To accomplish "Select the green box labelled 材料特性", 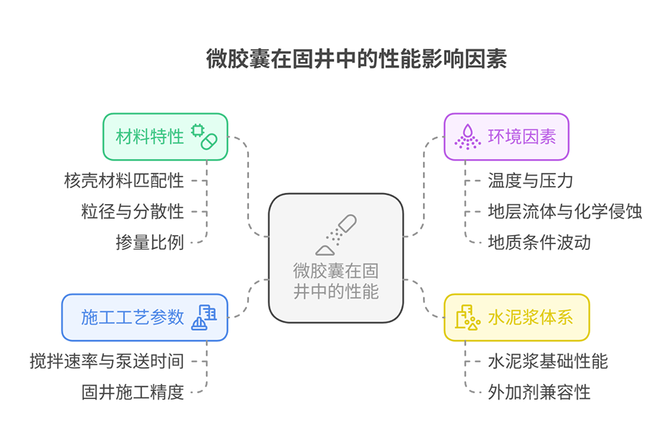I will (165, 137).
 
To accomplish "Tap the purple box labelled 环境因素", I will (506, 137).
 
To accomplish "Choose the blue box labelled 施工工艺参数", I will (144, 317).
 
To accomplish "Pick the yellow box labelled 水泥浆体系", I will (516, 317).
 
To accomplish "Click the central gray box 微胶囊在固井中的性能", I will (336, 258).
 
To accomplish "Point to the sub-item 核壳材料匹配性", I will (123, 181).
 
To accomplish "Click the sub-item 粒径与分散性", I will (132, 212).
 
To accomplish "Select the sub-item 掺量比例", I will (149, 243).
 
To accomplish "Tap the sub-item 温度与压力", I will (531, 181).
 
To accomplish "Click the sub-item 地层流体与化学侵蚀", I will (564, 212).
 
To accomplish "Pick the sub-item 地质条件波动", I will (539, 243).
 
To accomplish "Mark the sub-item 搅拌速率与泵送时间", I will (106, 361).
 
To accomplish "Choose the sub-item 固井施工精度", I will (132, 392).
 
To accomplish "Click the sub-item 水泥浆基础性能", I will (547, 361).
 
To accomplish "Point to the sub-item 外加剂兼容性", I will (539, 392).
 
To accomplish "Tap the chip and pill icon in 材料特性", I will (204, 137).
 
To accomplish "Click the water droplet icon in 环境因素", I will (467, 137).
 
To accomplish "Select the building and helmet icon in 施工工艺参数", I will (204, 317).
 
